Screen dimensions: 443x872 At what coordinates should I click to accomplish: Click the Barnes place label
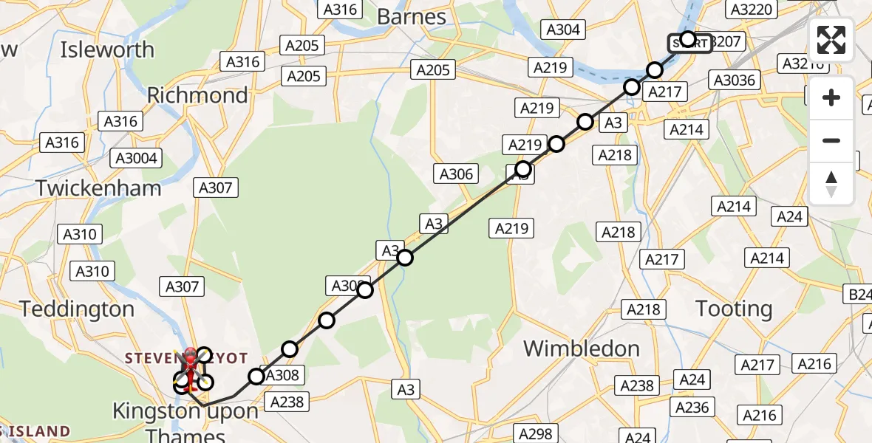(412, 16)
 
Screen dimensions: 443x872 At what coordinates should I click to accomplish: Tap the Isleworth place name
(107, 50)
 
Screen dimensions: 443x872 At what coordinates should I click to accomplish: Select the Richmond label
(197, 95)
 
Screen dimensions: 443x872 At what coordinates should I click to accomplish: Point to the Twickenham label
(98, 188)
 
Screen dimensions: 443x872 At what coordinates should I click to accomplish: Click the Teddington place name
(77, 309)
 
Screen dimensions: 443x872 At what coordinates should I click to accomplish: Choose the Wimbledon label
(582, 348)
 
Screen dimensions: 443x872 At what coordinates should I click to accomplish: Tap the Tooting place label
(733, 309)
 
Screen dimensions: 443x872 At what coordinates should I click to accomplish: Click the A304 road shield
(564, 30)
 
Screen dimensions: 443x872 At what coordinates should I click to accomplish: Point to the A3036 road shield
(732, 79)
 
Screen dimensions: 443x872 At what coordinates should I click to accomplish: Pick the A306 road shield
(456, 174)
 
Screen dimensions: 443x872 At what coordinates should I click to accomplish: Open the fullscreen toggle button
(831, 40)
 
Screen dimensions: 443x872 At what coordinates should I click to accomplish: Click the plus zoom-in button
(831, 97)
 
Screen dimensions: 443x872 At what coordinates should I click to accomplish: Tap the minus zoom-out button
(831, 140)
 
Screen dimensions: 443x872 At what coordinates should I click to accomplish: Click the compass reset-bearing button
(831, 183)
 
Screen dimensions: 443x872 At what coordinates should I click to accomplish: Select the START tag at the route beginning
(690, 44)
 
